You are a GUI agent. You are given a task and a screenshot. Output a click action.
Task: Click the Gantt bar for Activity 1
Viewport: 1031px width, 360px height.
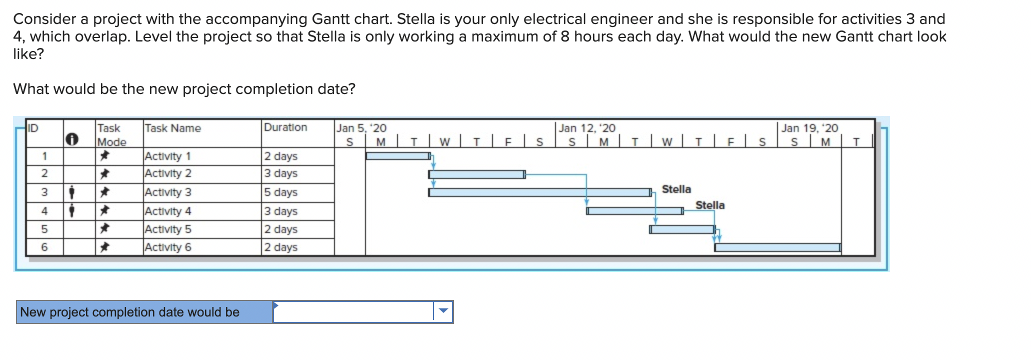[397, 156]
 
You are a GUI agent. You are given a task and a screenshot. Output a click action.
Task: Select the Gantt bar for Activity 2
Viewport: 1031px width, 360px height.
[476, 174]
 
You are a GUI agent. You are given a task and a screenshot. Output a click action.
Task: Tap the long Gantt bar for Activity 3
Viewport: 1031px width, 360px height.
[539, 192]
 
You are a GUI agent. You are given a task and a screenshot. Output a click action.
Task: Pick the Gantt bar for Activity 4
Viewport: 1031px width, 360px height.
[634, 211]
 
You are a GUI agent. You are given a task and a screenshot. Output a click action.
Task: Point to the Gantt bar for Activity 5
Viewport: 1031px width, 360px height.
[682, 229]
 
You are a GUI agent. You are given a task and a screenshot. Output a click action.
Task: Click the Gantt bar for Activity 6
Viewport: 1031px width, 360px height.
[777, 247]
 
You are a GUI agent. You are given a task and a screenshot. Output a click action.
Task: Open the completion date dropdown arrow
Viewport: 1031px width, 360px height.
[443, 311]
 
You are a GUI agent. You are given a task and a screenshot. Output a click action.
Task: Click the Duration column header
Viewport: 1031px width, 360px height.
[285, 127]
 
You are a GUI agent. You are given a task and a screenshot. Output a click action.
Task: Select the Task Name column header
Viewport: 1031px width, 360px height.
[172, 128]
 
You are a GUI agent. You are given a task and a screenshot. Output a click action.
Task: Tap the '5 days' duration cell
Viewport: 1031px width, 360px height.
[280, 192]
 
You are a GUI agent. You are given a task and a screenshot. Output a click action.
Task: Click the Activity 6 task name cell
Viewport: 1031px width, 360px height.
[168, 247]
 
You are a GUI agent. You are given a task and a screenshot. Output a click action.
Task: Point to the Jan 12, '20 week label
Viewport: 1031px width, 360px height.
[587, 128]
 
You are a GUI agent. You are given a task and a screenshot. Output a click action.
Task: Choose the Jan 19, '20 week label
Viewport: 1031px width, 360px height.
[809, 128]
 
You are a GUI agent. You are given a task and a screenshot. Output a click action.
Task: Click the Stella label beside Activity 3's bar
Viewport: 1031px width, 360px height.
[676, 189]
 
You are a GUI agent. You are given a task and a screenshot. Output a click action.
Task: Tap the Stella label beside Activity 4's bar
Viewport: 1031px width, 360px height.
[709, 205]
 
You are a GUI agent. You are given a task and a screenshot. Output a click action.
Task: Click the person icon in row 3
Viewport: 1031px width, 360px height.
[72, 192]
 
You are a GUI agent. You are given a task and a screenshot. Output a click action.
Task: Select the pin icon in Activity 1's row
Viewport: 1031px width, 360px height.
[104, 156]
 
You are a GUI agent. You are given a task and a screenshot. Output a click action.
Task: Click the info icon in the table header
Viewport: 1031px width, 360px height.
[72, 139]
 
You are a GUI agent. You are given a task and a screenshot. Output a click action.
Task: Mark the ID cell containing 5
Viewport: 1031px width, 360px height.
[44, 229]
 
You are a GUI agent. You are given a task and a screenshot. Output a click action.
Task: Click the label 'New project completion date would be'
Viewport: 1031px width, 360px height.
[130, 312]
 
